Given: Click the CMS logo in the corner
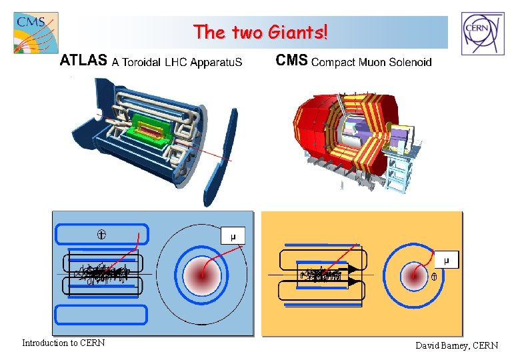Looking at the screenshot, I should tap(35, 33).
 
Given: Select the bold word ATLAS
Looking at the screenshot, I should tap(83, 61).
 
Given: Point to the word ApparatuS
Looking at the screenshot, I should tap(212, 63).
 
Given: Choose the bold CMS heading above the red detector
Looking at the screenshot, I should tap(291, 61).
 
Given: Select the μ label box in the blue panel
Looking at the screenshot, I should tap(233, 236).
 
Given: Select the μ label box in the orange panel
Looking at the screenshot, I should tap(447, 259).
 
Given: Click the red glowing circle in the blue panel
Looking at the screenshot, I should tap(202, 273).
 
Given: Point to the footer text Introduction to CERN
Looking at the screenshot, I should tap(63, 343).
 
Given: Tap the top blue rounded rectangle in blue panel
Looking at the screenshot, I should tap(100, 234).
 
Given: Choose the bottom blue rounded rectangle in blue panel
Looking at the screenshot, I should tap(100, 314).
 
